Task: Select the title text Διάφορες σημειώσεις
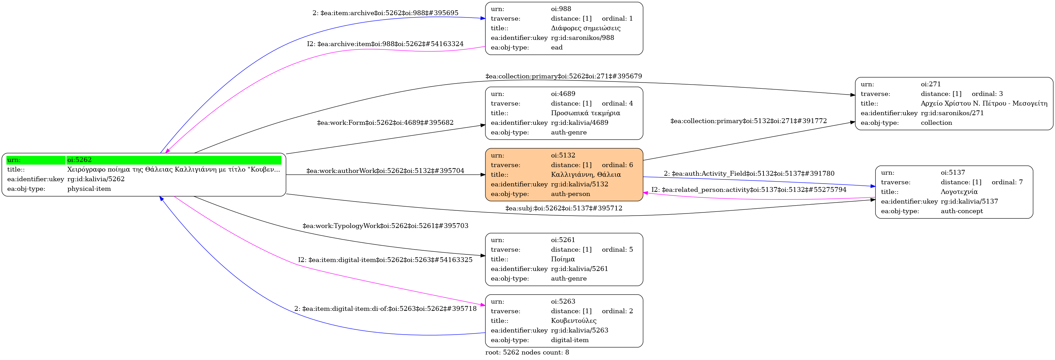pyautogui.click(x=585, y=28)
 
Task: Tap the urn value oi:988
pyautogui.click(x=561, y=9)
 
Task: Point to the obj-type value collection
pyautogui.click(x=936, y=123)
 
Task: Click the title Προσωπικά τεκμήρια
pyautogui.click(x=585, y=113)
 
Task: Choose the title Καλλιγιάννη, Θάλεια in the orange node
pyautogui.click(x=586, y=174)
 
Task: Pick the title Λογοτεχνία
pyautogui.click(x=959, y=192)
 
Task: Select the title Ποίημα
pyautogui.click(x=563, y=259)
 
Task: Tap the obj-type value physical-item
pyautogui.click(x=89, y=189)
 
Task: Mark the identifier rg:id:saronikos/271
pyautogui.click(x=952, y=113)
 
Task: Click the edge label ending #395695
pyautogui.click(x=385, y=13)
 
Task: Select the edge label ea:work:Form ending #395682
pyautogui.click(x=385, y=122)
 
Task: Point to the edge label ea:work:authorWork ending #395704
pyautogui.click(x=385, y=171)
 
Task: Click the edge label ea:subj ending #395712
pyautogui.click(x=563, y=208)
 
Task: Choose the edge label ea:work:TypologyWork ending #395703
pyautogui.click(x=385, y=226)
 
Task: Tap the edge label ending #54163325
pyautogui.click(x=385, y=260)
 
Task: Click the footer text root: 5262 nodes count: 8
pyautogui.click(x=527, y=352)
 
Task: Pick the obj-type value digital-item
pyautogui.click(x=569, y=340)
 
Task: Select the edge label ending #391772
pyautogui.click(x=748, y=121)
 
